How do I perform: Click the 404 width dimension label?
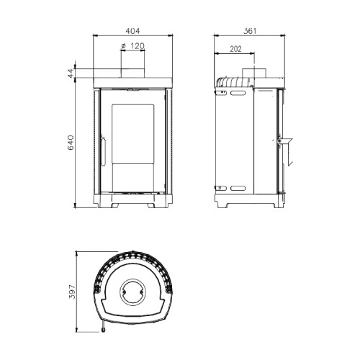click(x=132, y=31)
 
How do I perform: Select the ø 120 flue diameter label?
click(x=132, y=45)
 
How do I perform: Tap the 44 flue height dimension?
click(x=71, y=73)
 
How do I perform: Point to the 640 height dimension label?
click(x=71, y=143)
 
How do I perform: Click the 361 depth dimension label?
click(x=250, y=31)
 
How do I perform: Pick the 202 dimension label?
click(x=235, y=49)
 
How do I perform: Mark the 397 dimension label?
click(x=72, y=292)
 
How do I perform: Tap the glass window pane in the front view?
click(x=132, y=134)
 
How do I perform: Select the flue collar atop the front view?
click(x=132, y=73)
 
